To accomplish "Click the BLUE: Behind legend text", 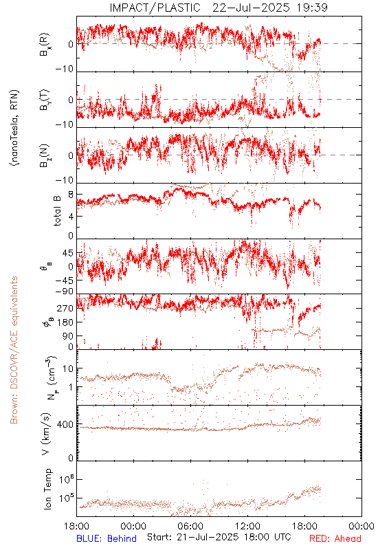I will click(107, 538).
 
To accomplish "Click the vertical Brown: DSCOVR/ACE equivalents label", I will click(14, 351).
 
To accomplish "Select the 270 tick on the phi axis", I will click(66, 309).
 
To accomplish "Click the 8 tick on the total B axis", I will click(70, 195).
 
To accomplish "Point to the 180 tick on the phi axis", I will click(66, 322).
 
